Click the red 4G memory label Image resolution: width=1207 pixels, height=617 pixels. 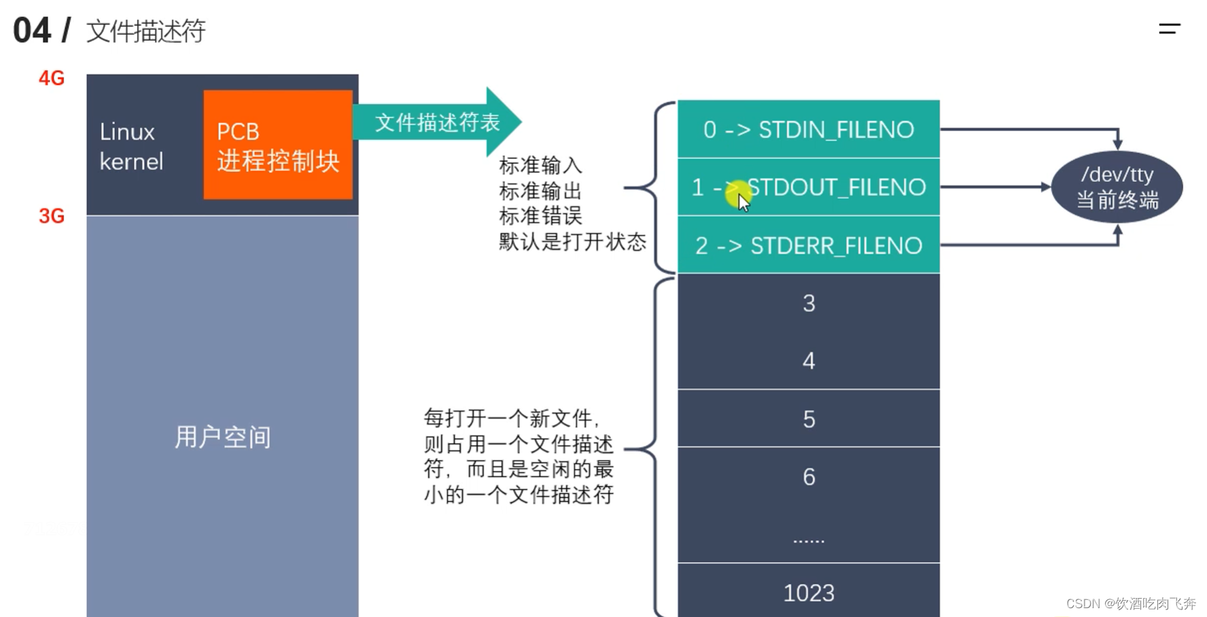tap(52, 78)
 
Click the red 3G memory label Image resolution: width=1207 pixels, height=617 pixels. tap(52, 216)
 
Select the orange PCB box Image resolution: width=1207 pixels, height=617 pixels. tap(277, 145)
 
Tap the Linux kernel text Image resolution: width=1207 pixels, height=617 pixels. tap(131, 146)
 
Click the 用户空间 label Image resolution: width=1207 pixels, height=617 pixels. tap(222, 437)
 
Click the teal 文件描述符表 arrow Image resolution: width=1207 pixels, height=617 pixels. tap(437, 122)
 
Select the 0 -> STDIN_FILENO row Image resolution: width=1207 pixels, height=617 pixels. tap(808, 129)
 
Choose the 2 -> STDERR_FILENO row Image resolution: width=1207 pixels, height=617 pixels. tap(808, 245)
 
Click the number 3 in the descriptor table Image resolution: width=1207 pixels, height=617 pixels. tap(808, 303)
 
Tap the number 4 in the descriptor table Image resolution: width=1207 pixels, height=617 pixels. tap(808, 361)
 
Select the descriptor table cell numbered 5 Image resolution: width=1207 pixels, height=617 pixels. tap(808, 419)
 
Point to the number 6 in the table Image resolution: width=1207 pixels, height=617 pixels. tap(808, 477)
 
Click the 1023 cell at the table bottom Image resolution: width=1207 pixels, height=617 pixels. tap(808, 593)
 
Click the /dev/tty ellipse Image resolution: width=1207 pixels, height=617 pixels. tap(1117, 187)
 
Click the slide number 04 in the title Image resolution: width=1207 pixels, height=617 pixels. tap(32, 31)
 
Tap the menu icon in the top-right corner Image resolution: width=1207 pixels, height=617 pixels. tap(1169, 29)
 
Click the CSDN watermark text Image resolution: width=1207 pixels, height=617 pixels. tap(1130, 603)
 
